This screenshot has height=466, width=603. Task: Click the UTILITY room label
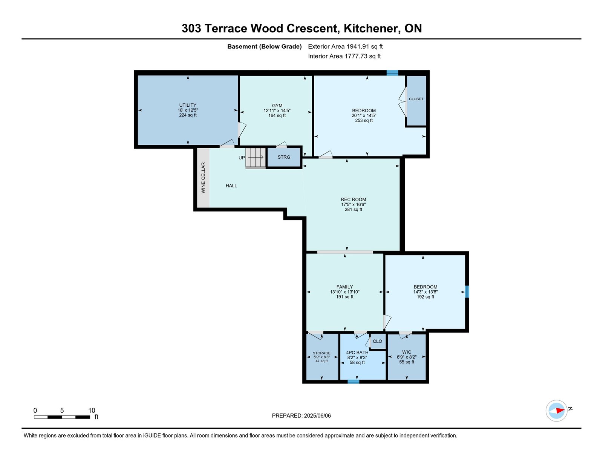[x=188, y=105]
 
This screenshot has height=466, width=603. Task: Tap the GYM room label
[x=277, y=106]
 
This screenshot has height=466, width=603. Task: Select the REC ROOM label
[x=353, y=199]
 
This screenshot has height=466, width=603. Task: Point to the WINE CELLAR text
[x=203, y=178]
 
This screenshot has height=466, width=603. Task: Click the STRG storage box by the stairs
[x=284, y=157]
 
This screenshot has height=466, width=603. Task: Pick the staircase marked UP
[x=256, y=158]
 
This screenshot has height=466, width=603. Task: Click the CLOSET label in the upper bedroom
[x=416, y=99]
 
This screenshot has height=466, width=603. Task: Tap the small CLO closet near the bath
[x=377, y=341]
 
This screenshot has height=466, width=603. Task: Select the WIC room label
[x=407, y=352]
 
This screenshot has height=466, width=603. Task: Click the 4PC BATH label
[x=357, y=353]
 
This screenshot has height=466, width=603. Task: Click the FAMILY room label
[x=344, y=287]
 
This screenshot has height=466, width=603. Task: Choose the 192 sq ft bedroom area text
[x=425, y=297]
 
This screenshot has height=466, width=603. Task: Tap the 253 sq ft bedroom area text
[x=364, y=120]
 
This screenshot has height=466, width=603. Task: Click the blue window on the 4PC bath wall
[x=353, y=382]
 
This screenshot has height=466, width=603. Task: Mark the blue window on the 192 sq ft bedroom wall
[x=467, y=292]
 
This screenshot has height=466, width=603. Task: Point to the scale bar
[x=62, y=417]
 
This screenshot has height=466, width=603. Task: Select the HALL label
[x=231, y=185]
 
